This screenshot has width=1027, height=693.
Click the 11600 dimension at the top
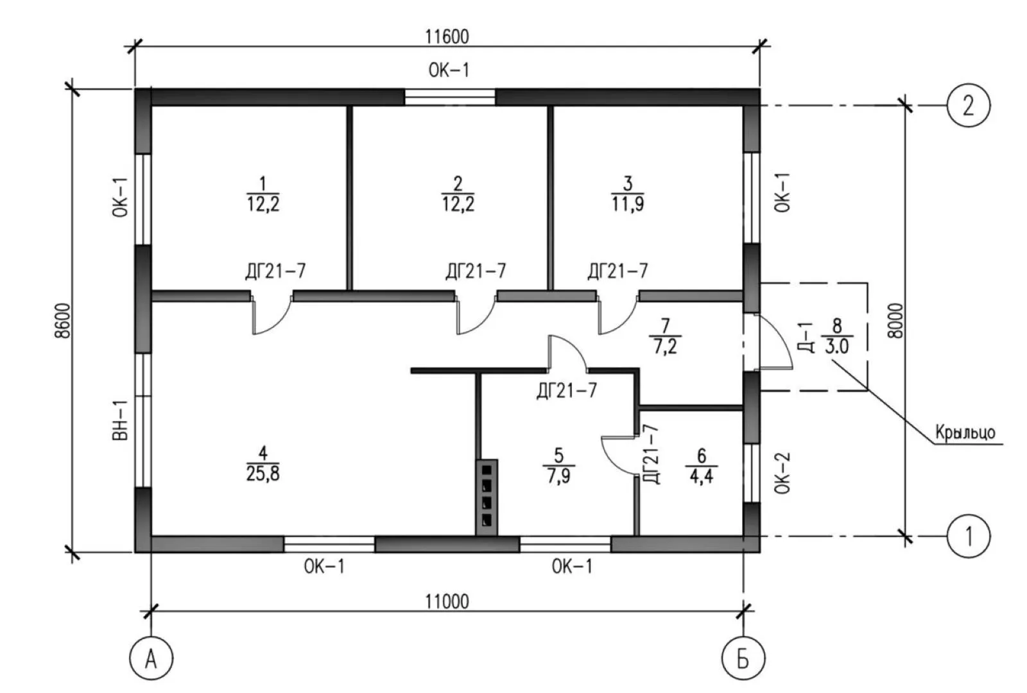click(447, 36)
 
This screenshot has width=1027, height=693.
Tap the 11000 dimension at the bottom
click(447, 601)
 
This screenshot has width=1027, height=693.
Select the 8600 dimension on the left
click(62, 320)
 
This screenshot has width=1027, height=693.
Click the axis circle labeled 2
click(968, 105)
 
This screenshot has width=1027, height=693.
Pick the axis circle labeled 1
click(968, 535)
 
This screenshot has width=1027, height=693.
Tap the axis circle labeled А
click(151, 658)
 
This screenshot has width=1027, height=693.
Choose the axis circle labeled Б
click(743, 658)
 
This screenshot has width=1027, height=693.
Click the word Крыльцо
click(965, 432)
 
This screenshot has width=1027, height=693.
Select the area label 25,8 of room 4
click(263, 474)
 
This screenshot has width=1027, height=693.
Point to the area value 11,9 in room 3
click(628, 204)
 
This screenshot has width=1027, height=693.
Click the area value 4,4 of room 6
click(701, 475)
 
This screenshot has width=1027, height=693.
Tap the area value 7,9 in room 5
click(558, 475)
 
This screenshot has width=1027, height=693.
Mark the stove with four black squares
click(487, 497)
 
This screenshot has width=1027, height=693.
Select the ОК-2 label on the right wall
click(782, 473)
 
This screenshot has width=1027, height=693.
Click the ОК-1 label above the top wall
click(449, 69)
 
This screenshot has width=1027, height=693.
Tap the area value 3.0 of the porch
click(837, 346)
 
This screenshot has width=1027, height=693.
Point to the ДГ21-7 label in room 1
click(275, 271)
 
